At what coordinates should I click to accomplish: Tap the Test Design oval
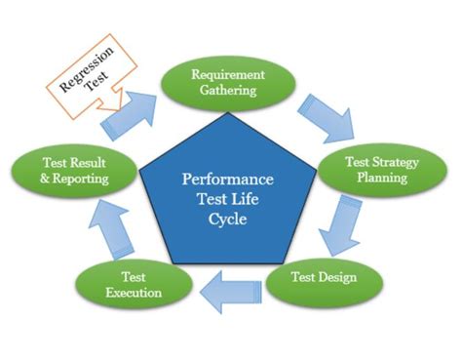325,277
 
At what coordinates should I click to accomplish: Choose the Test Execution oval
126,284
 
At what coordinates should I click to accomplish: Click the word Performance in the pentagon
226,180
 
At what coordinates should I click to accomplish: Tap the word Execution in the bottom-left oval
126,293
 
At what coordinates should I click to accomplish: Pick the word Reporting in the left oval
85,180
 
